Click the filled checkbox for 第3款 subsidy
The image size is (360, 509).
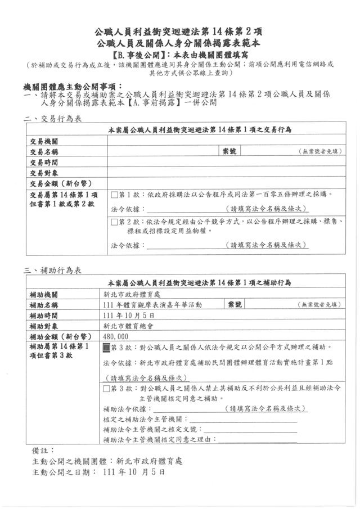tap(107, 348)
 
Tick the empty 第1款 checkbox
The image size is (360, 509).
tap(114, 195)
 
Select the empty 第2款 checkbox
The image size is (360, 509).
tap(114, 222)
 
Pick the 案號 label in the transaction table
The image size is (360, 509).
tap(229, 151)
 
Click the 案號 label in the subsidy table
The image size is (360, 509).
tap(235, 304)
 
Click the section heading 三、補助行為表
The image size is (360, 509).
tap(53, 271)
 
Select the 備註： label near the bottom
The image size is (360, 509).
tap(43, 451)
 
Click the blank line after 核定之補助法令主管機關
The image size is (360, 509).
tap(242, 419)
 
